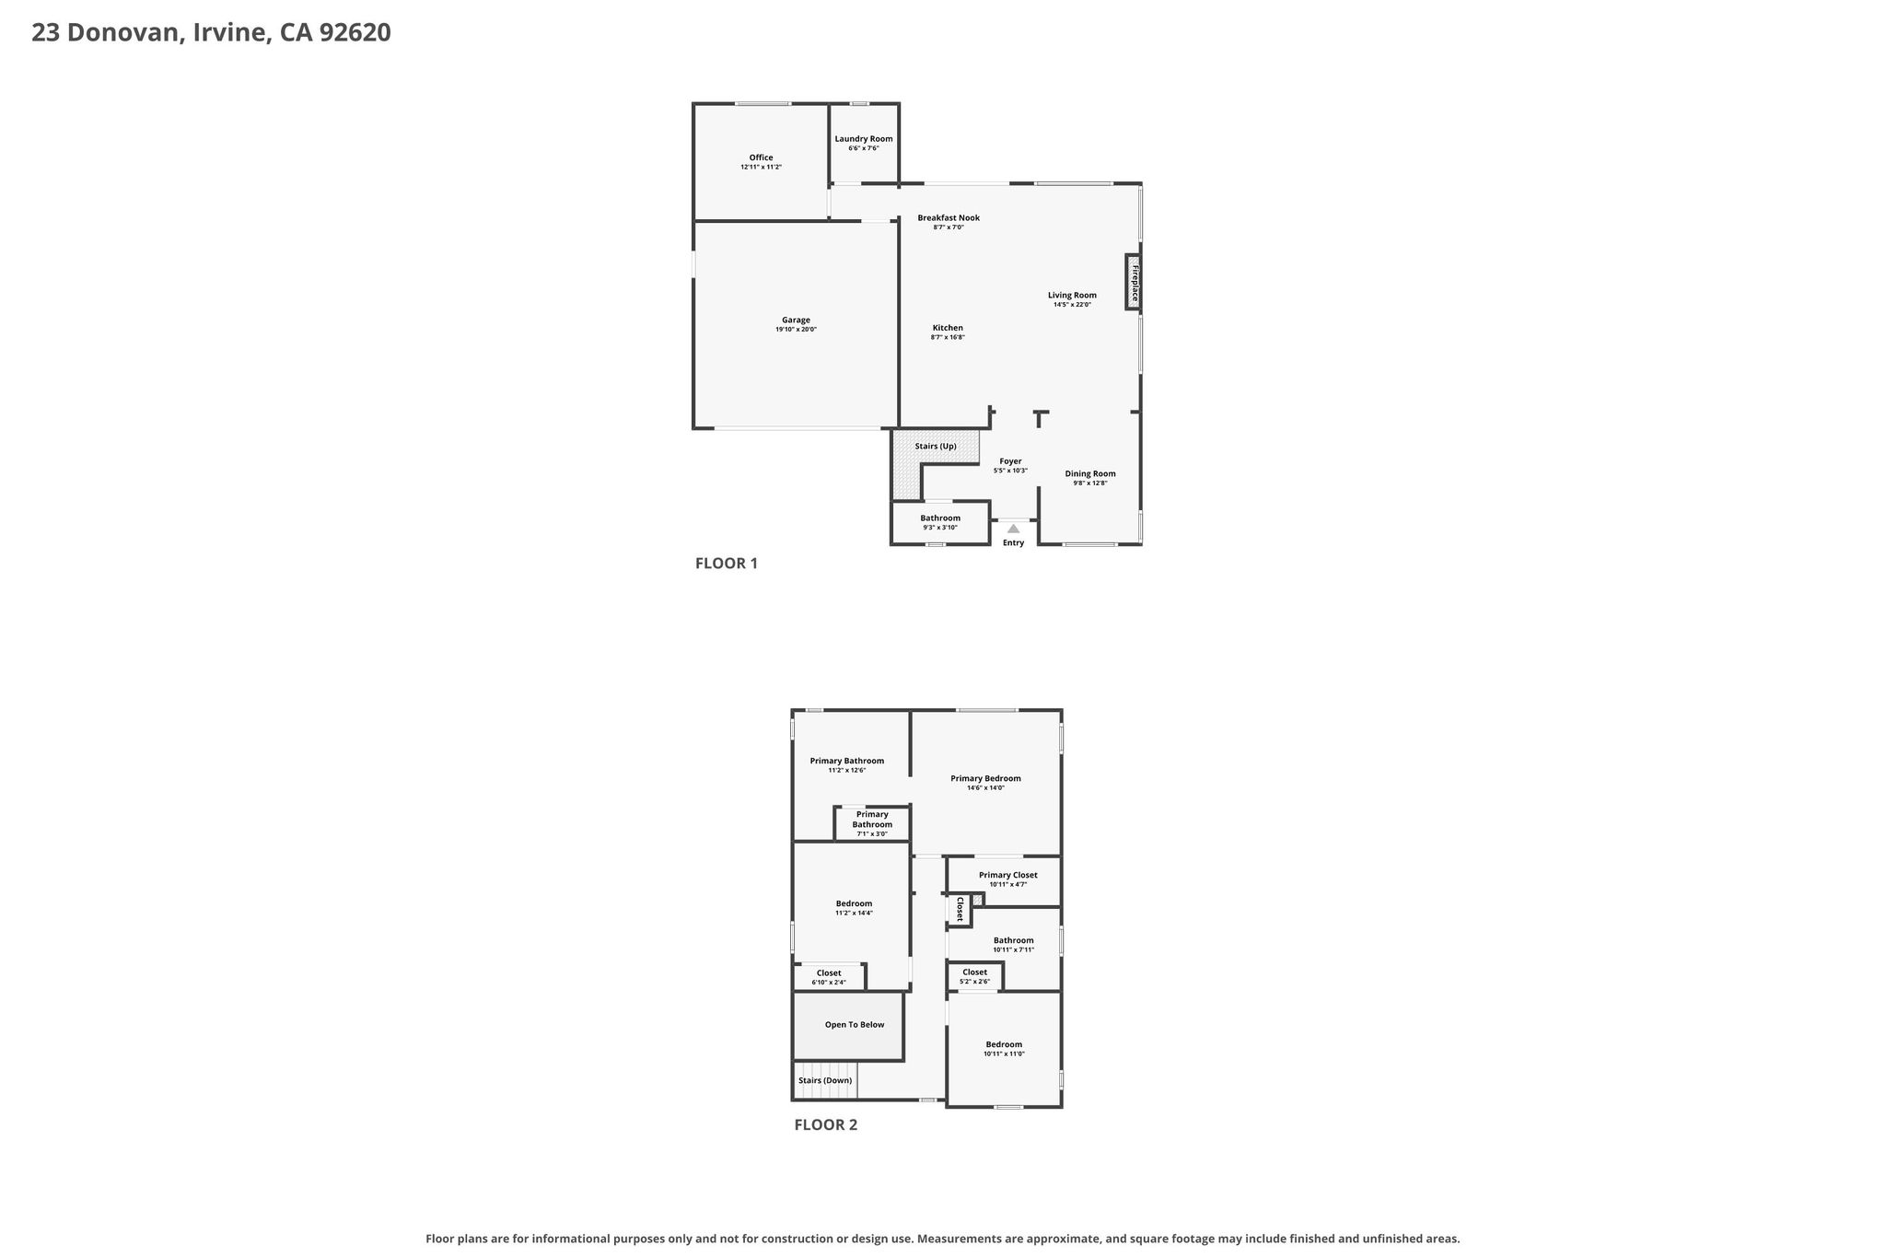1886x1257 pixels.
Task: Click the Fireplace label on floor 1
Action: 1135,284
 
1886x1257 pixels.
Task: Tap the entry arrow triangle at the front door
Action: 1013,529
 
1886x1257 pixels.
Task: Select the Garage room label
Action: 796,320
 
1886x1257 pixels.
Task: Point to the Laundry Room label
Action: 864,139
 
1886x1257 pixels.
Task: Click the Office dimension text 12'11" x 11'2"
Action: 761,167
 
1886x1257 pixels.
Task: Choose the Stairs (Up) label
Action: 936,447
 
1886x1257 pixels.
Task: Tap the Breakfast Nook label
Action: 949,218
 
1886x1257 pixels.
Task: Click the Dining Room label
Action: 1090,474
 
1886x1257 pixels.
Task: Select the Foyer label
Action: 1010,461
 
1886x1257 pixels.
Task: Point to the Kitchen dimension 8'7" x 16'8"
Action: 948,337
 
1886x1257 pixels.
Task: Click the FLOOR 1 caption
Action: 727,564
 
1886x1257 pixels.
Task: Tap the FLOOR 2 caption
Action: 826,1124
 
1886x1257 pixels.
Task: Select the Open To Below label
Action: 855,1025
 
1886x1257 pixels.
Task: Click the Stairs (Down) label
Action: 825,1080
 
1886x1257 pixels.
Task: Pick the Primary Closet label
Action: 1008,875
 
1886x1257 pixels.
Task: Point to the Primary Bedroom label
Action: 985,778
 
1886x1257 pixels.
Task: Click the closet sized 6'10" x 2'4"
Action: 829,976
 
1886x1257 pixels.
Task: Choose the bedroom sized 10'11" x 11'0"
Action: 1004,1048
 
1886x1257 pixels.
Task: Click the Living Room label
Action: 1072,296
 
